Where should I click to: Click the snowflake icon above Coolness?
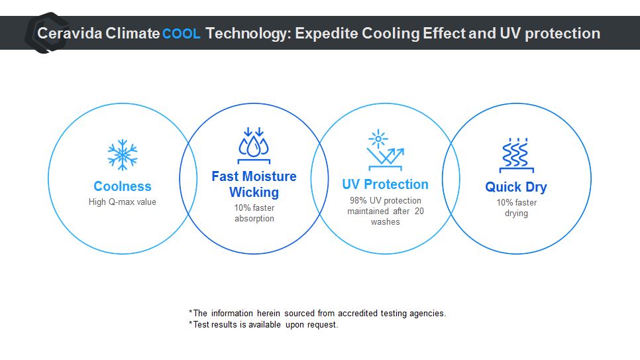pyautogui.click(x=123, y=155)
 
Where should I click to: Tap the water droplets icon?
pyautogui.click(x=254, y=145)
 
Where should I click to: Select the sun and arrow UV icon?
pyautogui.click(x=386, y=150)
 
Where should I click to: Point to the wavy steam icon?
pyautogui.click(x=516, y=155)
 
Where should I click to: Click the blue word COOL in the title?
pyautogui.click(x=182, y=34)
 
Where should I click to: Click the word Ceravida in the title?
pyautogui.click(x=70, y=33)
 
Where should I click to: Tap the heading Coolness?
pyautogui.click(x=123, y=186)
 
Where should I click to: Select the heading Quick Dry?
pyautogui.click(x=516, y=187)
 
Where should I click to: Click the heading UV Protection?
pyautogui.click(x=386, y=184)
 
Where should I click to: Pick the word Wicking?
pyautogui.click(x=254, y=192)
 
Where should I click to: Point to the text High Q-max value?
pyautogui.click(x=123, y=202)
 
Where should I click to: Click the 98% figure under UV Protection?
pyautogui.click(x=358, y=201)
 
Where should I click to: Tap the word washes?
pyautogui.click(x=386, y=222)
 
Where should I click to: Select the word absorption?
pyautogui.click(x=254, y=219)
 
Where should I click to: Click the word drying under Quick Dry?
pyautogui.click(x=516, y=213)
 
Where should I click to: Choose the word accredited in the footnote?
pyautogui.click(x=358, y=314)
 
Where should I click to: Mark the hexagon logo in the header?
pyautogui.click(x=46, y=32)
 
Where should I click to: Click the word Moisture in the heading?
pyautogui.click(x=270, y=176)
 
